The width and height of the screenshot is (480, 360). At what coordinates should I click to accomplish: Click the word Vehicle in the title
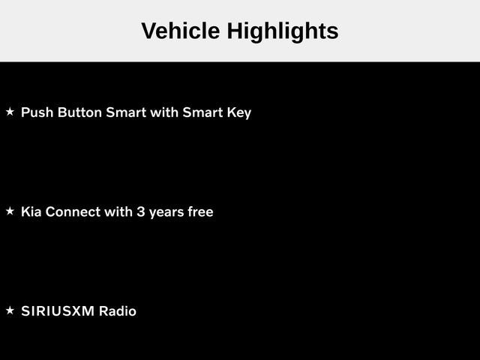(x=181, y=31)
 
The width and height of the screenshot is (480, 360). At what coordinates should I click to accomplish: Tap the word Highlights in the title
(x=283, y=32)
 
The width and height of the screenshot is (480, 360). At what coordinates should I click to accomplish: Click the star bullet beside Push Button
(x=10, y=112)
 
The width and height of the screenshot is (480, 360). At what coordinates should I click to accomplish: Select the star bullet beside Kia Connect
(x=10, y=211)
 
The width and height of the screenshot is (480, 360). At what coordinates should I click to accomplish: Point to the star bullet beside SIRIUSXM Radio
(x=10, y=310)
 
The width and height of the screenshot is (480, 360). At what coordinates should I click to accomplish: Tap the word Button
(x=79, y=112)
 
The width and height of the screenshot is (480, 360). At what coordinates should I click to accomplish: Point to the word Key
(x=239, y=113)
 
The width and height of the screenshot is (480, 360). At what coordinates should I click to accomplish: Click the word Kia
(x=31, y=211)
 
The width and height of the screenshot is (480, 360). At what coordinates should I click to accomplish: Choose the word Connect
(x=73, y=211)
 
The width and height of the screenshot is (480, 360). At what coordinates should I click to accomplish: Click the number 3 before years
(x=141, y=211)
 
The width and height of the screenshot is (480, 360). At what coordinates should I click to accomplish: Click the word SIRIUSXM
(x=58, y=311)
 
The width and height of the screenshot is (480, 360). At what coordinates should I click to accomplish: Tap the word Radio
(x=118, y=311)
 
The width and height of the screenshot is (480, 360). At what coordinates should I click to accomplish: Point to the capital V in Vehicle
(x=150, y=31)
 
